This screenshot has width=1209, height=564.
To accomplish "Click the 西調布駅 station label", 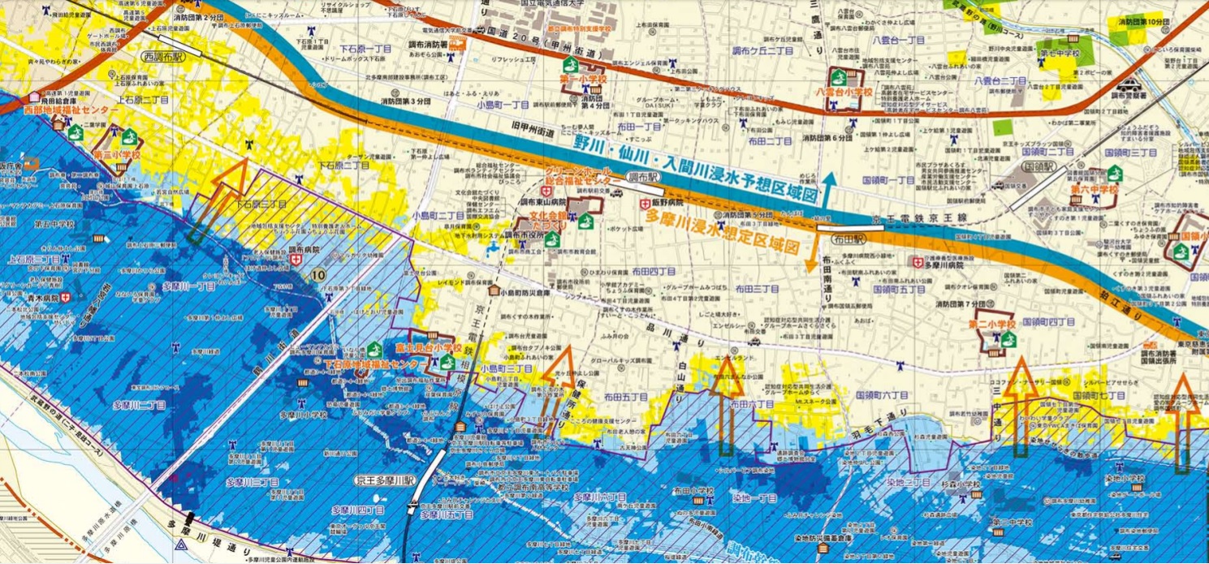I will click(162, 58).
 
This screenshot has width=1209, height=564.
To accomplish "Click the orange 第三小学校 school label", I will click(117, 153).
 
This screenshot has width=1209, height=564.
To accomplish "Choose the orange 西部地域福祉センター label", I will click(61, 109).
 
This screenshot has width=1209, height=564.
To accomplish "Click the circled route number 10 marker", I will click(318, 276).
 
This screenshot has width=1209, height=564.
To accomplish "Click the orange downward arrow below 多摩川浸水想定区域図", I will click(810, 258).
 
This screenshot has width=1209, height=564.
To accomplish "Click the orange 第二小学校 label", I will click(991, 325).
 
